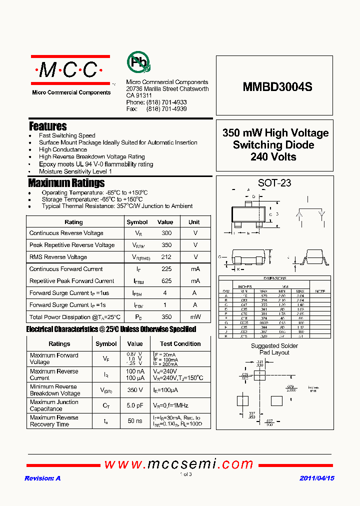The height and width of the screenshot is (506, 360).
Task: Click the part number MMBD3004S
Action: point(277,86)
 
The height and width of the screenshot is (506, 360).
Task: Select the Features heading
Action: point(48,126)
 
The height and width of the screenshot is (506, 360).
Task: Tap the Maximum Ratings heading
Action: point(66,182)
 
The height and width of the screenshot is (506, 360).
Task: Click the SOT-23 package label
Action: point(274,183)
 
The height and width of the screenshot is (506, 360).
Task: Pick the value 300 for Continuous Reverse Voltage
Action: point(166,233)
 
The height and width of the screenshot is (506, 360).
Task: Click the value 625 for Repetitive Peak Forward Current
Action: point(166,281)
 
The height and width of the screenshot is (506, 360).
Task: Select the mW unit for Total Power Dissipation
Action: point(195,317)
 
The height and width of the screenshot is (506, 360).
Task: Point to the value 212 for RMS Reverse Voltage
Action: point(166,257)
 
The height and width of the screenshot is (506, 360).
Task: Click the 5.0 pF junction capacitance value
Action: point(135,405)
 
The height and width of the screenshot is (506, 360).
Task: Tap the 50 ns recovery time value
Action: point(135,421)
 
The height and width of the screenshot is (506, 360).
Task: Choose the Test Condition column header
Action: point(180,344)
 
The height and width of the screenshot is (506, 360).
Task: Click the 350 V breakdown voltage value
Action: point(135,390)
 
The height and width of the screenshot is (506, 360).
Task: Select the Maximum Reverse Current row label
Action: point(54,374)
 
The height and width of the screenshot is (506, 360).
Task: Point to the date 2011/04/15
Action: point(317,478)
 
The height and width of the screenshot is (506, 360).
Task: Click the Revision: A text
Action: point(42,478)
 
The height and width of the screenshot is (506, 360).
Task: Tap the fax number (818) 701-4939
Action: point(166,108)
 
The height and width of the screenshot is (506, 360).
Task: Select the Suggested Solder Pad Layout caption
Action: point(274,349)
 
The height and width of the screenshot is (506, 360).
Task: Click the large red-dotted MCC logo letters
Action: point(69,70)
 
